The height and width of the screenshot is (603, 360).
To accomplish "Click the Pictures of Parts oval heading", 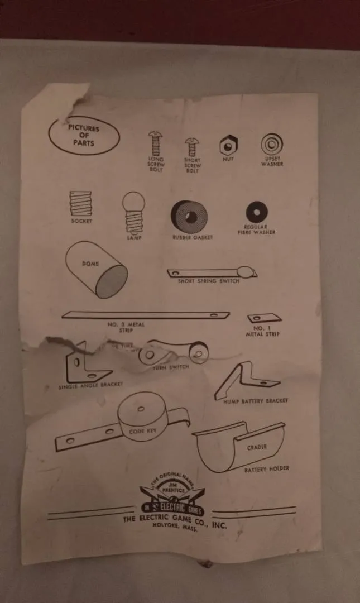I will click(x=84, y=135).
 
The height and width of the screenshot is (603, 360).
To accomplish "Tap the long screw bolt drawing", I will click(x=155, y=143).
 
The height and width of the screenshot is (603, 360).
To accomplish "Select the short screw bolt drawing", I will click(x=192, y=147).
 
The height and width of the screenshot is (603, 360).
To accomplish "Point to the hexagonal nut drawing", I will click(x=228, y=146).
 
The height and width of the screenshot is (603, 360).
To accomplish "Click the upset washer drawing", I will click(x=272, y=145).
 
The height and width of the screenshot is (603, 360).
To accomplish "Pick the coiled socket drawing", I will click(x=80, y=203).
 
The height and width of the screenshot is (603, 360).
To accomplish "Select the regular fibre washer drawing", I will click(x=256, y=212).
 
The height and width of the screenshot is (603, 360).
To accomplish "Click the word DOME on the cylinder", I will click(x=90, y=263).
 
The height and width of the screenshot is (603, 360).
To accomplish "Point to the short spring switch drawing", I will click(x=212, y=273).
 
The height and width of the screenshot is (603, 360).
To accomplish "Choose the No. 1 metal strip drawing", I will click(x=264, y=318).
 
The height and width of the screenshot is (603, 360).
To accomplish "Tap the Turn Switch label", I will click(x=171, y=367).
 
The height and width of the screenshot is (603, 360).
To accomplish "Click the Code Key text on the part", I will click(x=143, y=431).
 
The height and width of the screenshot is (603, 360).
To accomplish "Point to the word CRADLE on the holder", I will click(x=257, y=447).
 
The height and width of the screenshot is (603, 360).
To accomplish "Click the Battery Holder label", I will click(x=266, y=470).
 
